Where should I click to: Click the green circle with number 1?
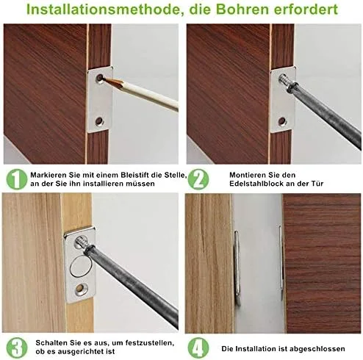click(x=17, y=179)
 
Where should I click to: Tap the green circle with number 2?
click(x=198, y=179)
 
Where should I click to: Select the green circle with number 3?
click(x=17, y=348)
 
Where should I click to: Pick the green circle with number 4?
click(x=198, y=348)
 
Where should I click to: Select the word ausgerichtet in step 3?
click(x=87, y=352)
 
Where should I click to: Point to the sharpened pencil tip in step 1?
click(x=104, y=79)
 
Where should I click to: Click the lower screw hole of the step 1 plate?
click(x=99, y=120)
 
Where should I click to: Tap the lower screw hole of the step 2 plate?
click(x=282, y=120)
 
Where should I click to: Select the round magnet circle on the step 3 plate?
click(x=81, y=266)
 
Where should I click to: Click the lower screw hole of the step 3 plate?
click(x=80, y=289)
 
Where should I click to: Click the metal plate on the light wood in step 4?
click(x=237, y=267)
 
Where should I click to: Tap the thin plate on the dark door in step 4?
click(x=281, y=262)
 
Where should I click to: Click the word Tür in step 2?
click(x=318, y=184)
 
